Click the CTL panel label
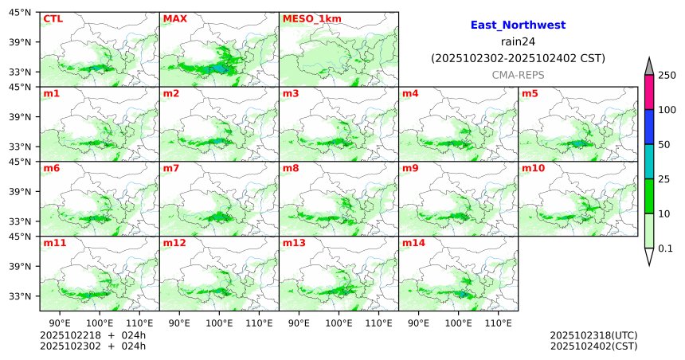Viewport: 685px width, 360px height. (x=53, y=18)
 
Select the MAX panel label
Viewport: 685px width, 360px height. (x=174, y=18)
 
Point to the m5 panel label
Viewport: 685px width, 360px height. (x=530, y=93)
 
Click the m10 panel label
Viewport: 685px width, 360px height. (x=533, y=168)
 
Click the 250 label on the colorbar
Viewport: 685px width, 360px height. (x=667, y=75)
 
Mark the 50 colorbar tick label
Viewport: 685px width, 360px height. (x=663, y=144)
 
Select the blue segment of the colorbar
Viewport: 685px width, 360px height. (x=649, y=127)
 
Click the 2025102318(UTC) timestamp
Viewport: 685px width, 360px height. (x=593, y=335)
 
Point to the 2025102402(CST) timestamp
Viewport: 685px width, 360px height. (x=593, y=346)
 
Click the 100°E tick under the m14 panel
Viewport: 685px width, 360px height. (x=458, y=323)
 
